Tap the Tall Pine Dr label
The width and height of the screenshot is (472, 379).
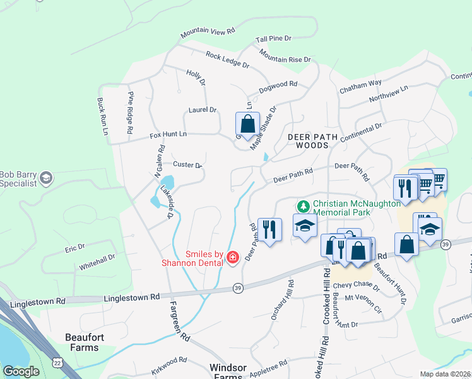273,39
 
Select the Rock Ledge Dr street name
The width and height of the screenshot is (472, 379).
227,59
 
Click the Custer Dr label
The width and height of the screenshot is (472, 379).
187,165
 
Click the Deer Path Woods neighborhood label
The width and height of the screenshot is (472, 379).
309,141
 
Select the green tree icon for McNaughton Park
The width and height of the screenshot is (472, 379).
304,207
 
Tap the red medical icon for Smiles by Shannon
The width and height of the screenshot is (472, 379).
232,256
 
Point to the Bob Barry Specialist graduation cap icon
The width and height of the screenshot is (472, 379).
46,179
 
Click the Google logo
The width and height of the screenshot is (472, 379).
21,371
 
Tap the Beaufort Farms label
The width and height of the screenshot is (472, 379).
82,342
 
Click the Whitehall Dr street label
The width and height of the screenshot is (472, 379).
97,263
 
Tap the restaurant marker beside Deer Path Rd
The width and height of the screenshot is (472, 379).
269,230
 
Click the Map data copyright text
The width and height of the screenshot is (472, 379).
445,374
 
